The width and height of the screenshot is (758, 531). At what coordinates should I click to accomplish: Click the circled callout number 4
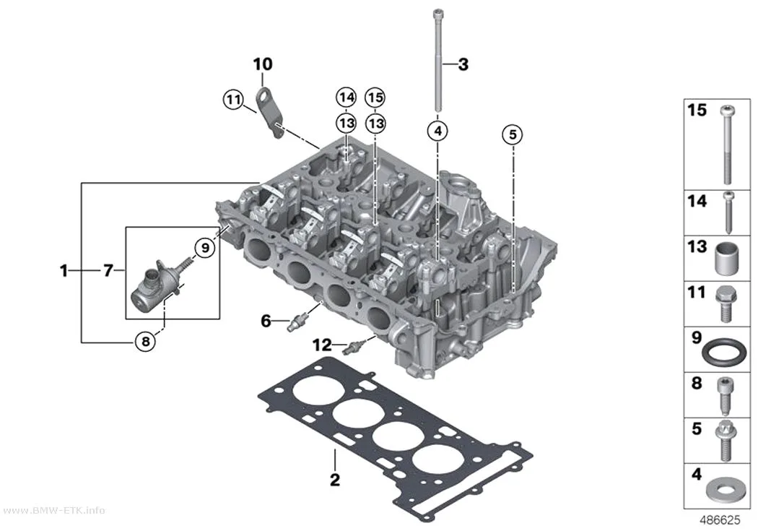coord(437,131)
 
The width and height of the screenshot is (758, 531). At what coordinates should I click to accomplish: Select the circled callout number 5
coord(513,134)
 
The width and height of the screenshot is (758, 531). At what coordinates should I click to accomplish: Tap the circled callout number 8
coord(145,342)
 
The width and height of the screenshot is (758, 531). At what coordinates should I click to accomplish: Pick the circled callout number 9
coord(205,248)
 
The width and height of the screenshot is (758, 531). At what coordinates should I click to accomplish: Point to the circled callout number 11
coord(233,100)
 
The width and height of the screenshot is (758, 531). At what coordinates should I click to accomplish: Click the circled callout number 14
coord(346,98)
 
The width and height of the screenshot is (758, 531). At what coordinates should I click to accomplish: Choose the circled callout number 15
coord(375,98)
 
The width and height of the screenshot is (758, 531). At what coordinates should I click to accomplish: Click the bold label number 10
coord(263,64)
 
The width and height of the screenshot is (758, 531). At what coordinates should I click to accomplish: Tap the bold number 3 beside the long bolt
coord(463,64)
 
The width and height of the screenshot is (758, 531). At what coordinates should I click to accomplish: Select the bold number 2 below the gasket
coord(334,480)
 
